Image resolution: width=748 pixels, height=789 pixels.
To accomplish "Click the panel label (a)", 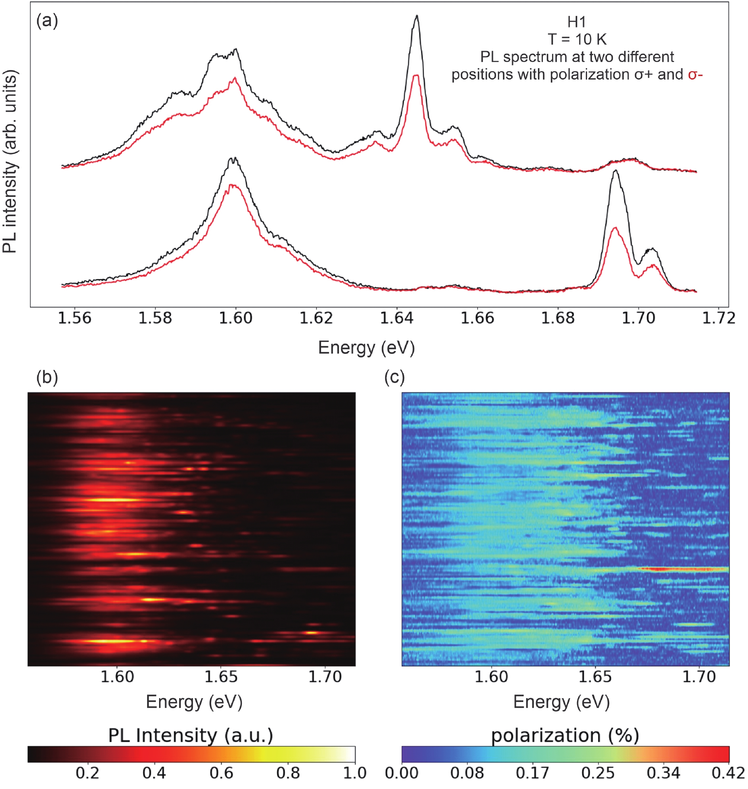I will (47, 20).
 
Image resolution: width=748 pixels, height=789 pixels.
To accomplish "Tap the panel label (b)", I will (47, 377).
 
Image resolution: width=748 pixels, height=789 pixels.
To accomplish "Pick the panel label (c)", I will (394, 377).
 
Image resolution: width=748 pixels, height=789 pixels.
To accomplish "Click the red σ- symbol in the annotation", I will (695, 75).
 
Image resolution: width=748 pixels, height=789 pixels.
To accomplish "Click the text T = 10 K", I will (577, 39).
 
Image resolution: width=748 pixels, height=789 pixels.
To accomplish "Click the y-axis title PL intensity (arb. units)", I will (10, 161).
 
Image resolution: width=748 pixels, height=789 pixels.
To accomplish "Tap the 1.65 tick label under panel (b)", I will (221, 677).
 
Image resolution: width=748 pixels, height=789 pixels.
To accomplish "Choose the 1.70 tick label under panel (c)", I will (699, 677).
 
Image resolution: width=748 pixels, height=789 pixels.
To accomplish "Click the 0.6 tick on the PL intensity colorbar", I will (221, 773).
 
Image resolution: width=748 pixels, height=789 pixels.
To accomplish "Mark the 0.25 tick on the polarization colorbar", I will (598, 773).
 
